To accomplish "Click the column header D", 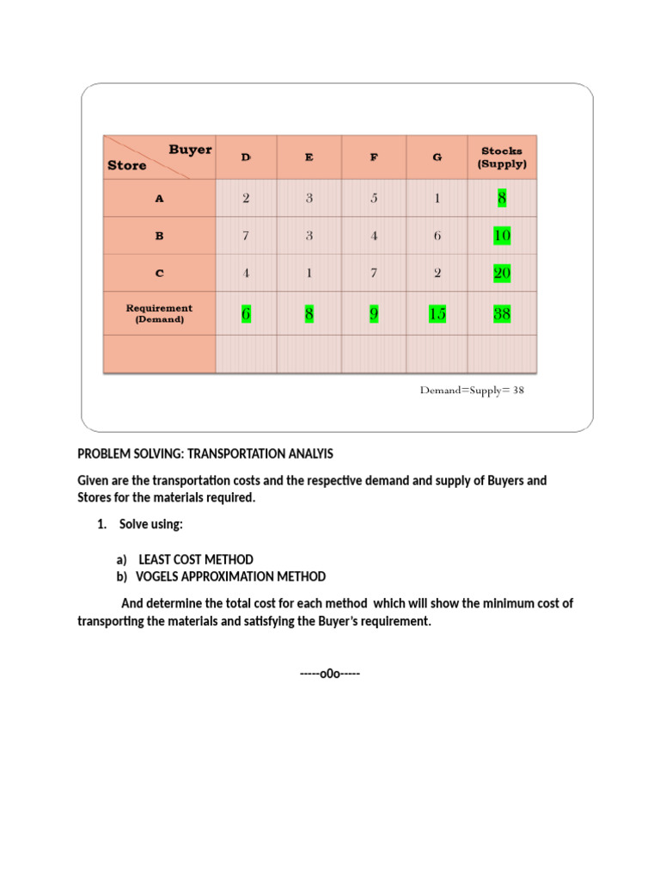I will coord(246,157).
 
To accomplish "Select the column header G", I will coord(437,157).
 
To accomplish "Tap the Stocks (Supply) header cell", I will coord(502,157).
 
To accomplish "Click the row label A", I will coord(159,198).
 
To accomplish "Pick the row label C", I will coord(159,273).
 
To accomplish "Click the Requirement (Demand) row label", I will coord(159,313).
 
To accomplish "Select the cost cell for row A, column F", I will coord(374,198).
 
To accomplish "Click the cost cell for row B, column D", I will coord(246,235).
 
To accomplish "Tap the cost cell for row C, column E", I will coord(309,273).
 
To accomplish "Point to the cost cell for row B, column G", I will coord(437,235).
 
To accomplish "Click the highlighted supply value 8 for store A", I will coord(502,199).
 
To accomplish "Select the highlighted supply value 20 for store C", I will coord(502,274).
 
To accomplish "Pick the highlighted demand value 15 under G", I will coord(437,314).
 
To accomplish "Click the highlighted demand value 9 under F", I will coord(374,314).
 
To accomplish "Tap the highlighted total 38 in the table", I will coord(502,314).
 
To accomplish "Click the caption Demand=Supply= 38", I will coord(472,390).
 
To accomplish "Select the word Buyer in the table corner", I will coord(190,149).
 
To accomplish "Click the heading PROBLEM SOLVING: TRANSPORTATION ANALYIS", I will coord(205,453).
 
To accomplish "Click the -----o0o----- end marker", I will coord(330,673).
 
